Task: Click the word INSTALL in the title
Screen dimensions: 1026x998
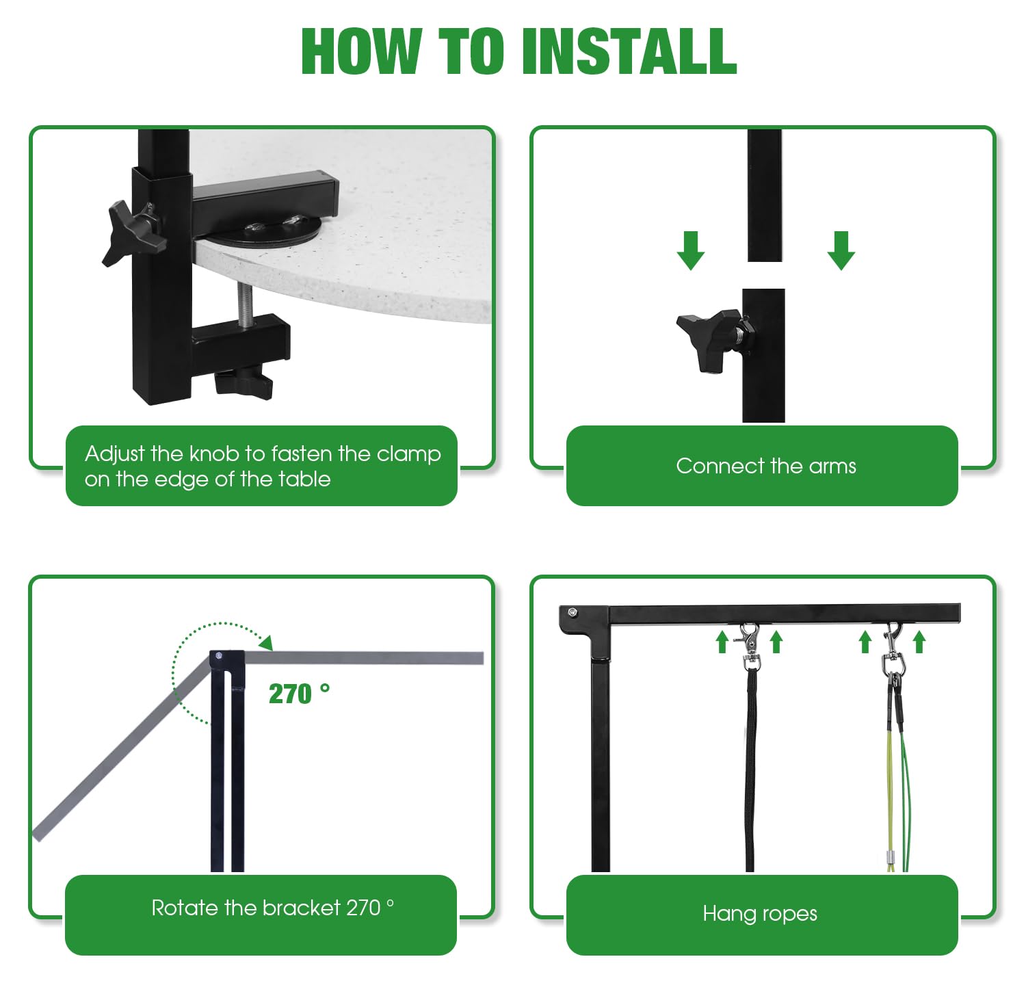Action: coord(630,51)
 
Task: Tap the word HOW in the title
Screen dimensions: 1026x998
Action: coord(361,51)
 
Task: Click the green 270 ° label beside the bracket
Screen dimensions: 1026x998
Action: coord(299,694)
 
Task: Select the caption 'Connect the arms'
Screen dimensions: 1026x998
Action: coord(766,466)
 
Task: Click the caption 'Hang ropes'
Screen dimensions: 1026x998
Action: coord(760,914)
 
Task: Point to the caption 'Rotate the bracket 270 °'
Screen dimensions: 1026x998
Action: coord(272,908)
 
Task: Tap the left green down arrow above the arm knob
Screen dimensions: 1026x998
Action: coord(691,250)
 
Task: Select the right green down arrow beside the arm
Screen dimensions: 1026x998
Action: coord(841,250)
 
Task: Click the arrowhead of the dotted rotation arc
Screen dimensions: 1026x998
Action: coord(266,642)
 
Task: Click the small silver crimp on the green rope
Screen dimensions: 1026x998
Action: coord(891,857)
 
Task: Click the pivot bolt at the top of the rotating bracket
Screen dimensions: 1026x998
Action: coord(219,656)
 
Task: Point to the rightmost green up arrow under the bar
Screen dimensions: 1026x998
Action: coord(919,642)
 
